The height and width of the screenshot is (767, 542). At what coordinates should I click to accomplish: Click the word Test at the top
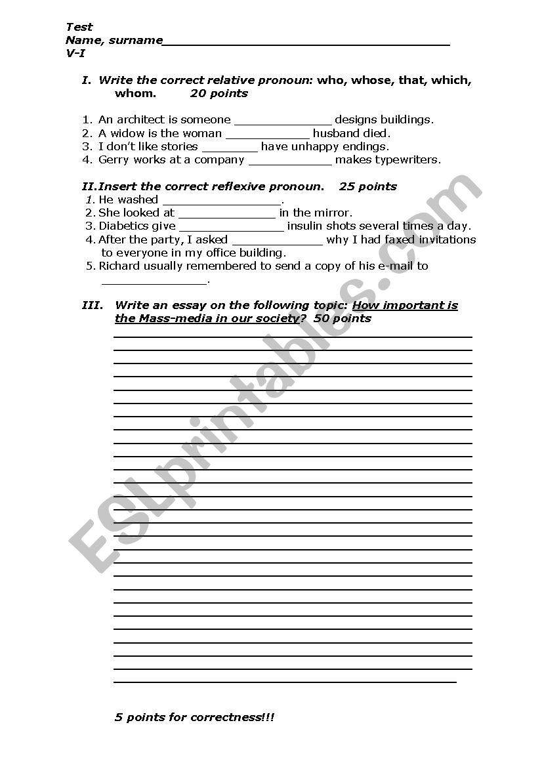point(79,27)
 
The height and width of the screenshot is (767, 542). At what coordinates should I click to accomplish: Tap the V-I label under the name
point(75,54)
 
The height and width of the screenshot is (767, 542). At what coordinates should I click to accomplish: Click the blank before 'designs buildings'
point(283,121)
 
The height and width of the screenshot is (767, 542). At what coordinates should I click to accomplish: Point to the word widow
point(125,133)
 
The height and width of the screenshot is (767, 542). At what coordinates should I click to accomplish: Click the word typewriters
point(407,159)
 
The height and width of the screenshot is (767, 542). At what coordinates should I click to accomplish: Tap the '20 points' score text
point(219,93)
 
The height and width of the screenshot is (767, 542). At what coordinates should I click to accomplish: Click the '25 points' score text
point(368,186)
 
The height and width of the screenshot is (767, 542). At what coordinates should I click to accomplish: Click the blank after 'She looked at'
point(226,214)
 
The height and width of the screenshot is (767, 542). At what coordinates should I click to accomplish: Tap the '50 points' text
point(343,318)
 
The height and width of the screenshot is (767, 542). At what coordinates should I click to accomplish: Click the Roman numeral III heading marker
point(93,305)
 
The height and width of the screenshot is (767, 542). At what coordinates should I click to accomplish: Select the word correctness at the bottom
point(224,717)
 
